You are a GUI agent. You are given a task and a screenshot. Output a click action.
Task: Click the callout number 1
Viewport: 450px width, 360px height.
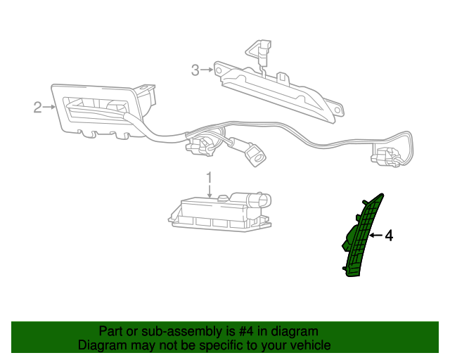210,177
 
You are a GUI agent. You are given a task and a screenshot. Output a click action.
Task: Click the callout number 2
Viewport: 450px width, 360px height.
37,108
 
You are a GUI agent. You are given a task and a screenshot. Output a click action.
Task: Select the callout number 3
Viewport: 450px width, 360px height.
195,70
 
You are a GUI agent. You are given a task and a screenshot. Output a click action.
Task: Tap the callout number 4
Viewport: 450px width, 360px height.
389,236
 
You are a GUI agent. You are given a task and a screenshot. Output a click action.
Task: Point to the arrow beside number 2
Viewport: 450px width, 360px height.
49,107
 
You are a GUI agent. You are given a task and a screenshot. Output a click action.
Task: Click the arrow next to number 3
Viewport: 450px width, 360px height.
207,70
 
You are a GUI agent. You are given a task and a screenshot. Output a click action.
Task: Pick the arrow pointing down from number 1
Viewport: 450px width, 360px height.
210,191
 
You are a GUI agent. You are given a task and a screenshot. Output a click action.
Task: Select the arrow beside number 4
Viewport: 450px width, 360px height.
375,236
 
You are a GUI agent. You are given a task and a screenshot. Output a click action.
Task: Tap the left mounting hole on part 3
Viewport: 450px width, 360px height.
219,70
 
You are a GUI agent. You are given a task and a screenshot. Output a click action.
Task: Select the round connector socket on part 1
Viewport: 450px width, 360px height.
260,200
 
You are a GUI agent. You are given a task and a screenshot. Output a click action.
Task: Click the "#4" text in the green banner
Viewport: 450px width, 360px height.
246,331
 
